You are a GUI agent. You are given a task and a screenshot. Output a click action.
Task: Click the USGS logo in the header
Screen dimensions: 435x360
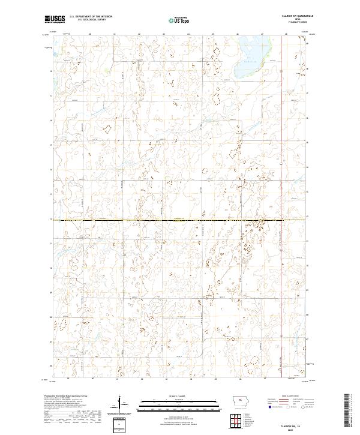tap(55, 19)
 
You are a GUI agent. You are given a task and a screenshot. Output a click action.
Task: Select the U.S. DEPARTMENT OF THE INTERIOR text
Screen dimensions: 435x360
tap(91, 17)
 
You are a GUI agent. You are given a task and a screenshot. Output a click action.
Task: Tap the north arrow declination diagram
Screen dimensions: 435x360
tap(121, 403)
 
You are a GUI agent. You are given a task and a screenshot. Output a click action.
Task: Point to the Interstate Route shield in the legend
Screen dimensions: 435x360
tap(269, 407)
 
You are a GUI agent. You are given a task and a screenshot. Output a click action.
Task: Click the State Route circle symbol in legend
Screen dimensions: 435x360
tap(302, 407)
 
